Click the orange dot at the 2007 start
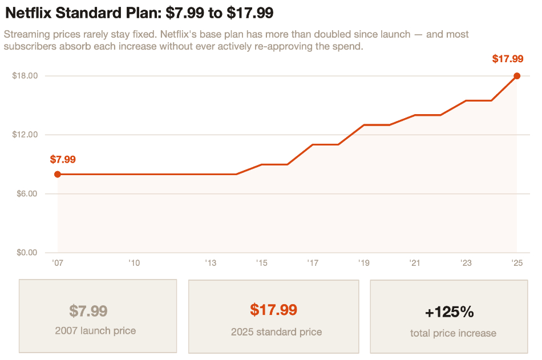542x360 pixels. coord(58,174)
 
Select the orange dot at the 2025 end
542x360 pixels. coord(517,76)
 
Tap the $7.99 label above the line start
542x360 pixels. coord(63,159)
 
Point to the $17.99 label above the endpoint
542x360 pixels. coord(508,59)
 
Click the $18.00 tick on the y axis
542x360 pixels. coord(25,76)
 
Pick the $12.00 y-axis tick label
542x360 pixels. coord(25,135)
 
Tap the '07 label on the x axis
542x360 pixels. coord(57,263)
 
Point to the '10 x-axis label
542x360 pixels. coord(134,263)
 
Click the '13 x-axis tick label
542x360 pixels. coord(211,263)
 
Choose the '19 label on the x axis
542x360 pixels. coord(363,263)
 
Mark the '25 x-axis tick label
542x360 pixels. coord(516,263)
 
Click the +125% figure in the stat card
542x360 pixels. coord(450,312)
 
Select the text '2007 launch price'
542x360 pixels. coord(96,330)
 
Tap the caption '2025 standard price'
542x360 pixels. coord(276,331)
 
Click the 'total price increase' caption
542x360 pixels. coord(453,333)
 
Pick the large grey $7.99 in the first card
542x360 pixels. coord(88,311)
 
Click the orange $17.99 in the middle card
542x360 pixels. coord(273,310)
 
